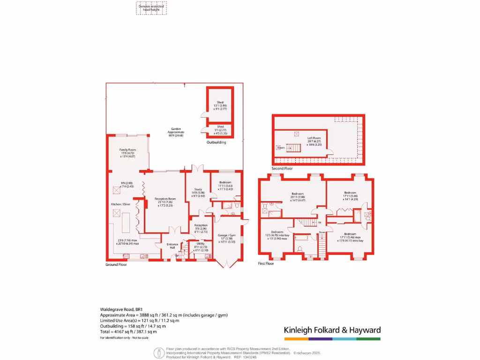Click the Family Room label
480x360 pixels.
point(128,150)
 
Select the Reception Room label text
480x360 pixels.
point(165,199)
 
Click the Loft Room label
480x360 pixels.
point(315,138)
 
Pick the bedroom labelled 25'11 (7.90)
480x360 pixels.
point(297,194)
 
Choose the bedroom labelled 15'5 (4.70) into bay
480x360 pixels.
point(277,232)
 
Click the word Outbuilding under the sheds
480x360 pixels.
point(217,142)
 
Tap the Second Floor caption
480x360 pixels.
point(282,168)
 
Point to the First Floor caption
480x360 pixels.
point(266,263)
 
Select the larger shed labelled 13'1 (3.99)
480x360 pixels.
point(220,102)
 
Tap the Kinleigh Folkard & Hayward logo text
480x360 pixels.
point(332,330)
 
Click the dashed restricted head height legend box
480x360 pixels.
point(151,8)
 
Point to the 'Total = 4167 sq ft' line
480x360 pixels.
point(128,331)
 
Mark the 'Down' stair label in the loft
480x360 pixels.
point(280,147)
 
